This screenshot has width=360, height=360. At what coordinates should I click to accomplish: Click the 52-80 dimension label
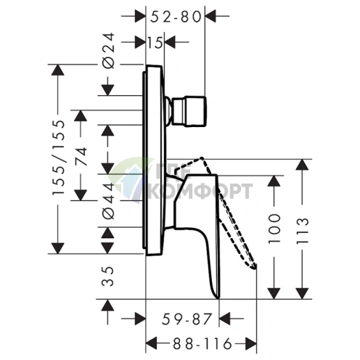176,17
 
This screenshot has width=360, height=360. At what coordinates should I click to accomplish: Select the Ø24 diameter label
108,51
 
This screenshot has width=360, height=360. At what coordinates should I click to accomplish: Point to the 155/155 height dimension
58,157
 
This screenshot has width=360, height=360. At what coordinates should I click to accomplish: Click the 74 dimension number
81,157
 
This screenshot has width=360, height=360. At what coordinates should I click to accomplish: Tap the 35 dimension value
108,277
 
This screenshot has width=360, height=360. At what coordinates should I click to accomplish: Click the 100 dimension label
274,229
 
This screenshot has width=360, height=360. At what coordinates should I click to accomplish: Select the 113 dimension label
303,231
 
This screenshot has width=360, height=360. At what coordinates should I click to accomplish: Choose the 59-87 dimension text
187,319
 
